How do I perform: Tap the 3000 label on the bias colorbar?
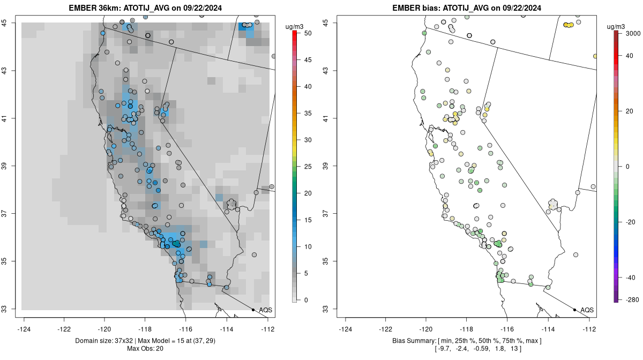pyautogui.click(x=633, y=33)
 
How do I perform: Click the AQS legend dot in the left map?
pyautogui.click(x=253, y=310)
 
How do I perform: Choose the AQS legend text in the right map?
pyautogui.click(x=587, y=310)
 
